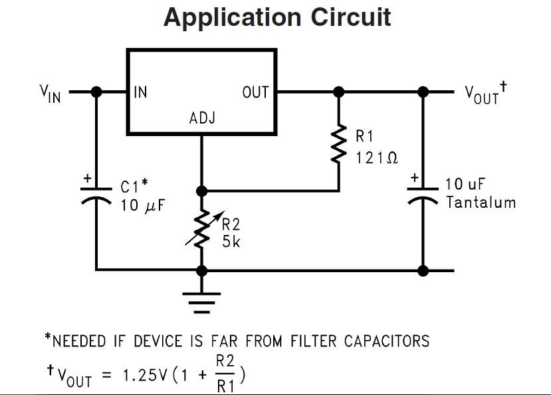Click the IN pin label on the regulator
point(141,92)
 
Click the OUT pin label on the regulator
point(255,92)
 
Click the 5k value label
point(231,242)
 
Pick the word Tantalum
point(481,202)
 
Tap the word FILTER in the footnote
point(313,341)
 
